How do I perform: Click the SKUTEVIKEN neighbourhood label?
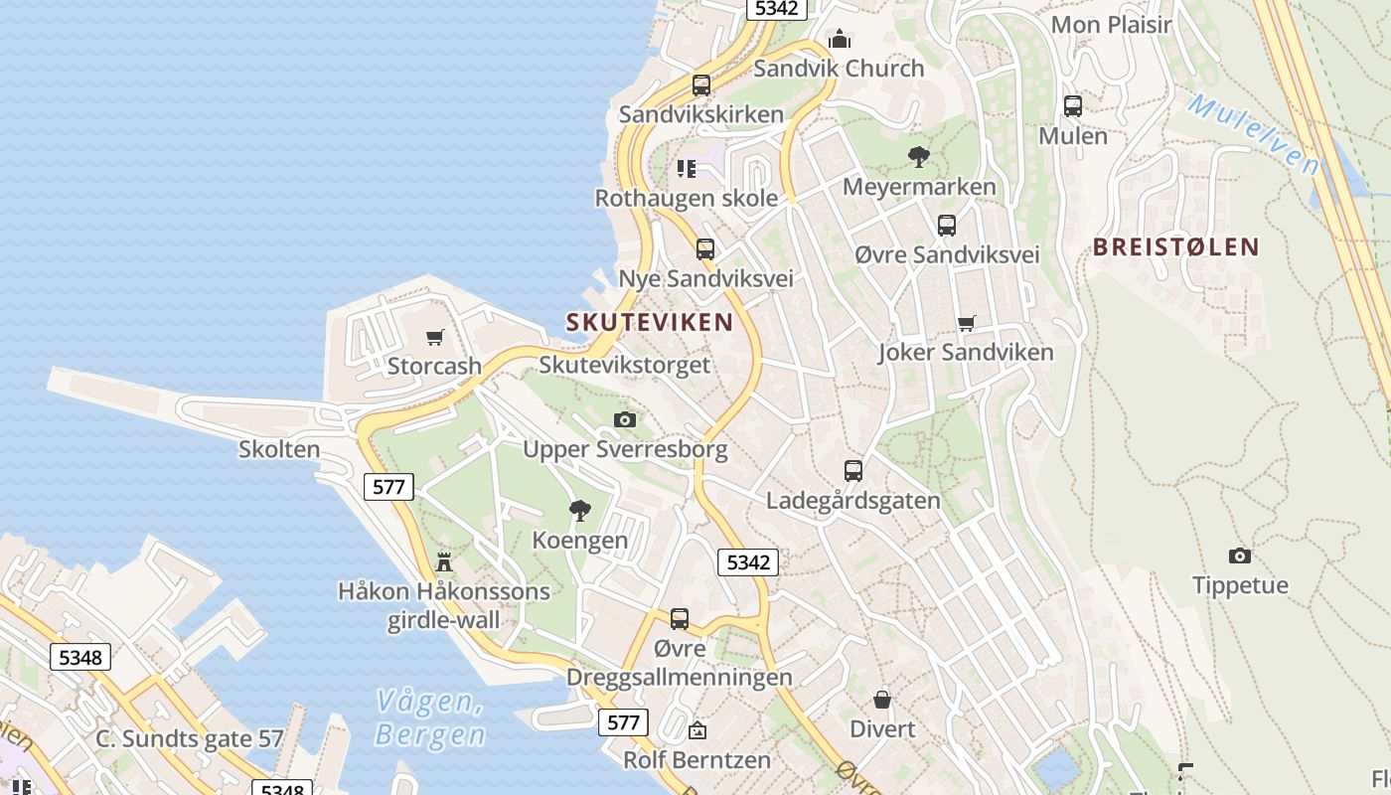pos(650,322)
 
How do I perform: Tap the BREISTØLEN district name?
pos(1176,247)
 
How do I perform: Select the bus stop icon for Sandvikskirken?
pos(701,85)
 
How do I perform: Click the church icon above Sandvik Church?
pos(840,40)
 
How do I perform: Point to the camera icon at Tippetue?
pos(1240,556)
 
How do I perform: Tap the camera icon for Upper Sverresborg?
pos(625,419)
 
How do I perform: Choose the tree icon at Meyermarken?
pos(919,156)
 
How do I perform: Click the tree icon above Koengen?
pos(580,511)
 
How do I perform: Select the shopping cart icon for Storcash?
pos(434,338)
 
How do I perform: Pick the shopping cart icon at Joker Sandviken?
pos(966,323)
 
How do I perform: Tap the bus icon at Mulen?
pos(1073,106)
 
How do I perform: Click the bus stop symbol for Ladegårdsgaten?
pos(853,470)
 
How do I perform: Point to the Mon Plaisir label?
pos(1112,25)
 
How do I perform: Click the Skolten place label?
pos(279,450)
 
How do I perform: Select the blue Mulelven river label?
pos(1253,134)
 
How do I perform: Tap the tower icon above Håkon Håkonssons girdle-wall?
pos(444,562)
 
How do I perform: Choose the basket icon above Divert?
pos(882,700)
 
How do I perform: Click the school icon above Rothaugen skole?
pos(686,169)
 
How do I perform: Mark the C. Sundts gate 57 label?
pos(190,739)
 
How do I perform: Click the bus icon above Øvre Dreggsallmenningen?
pos(680,619)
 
